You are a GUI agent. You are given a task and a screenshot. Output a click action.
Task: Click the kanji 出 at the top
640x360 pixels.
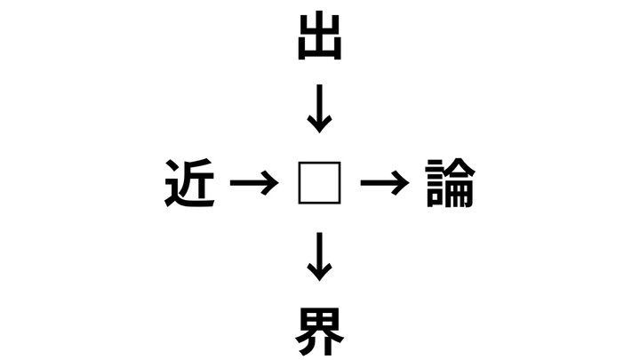click(x=320, y=36)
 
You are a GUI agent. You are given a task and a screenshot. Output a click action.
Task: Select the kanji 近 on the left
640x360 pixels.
click(x=189, y=182)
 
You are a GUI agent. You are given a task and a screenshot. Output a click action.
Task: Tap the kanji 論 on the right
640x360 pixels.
click(x=450, y=182)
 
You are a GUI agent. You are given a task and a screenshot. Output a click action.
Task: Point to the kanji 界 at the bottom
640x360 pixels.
click(x=320, y=331)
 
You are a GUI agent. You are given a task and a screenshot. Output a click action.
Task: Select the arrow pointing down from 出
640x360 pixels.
click(x=320, y=108)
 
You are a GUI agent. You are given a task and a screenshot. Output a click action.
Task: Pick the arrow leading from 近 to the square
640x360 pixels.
click(x=254, y=183)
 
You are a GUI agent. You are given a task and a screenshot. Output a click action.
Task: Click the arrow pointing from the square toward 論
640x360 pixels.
click(x=385, y=183)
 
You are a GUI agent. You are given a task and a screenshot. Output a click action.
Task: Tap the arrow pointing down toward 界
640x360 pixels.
click(x=320, y=257)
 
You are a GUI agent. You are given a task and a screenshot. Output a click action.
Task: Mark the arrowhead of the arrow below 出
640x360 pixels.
click(x=320, y=124)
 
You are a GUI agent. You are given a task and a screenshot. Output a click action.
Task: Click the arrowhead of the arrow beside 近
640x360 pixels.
click(x=270, y=183)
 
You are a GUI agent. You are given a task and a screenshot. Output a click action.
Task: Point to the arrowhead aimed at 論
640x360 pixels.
click(x=401, y=183)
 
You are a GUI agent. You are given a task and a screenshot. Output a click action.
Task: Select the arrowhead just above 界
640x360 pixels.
click(x=320, y=273)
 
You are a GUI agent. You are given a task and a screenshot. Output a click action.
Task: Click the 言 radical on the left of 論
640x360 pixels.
click(x=435, y=183)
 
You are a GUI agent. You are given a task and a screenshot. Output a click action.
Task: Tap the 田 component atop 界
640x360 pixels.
click(x=320, y=320)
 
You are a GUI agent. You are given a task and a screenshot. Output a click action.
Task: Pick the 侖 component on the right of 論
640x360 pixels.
click(x=460, y=182)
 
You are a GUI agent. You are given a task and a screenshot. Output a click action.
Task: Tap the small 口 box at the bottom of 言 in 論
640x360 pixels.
click(x=435, y=199)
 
